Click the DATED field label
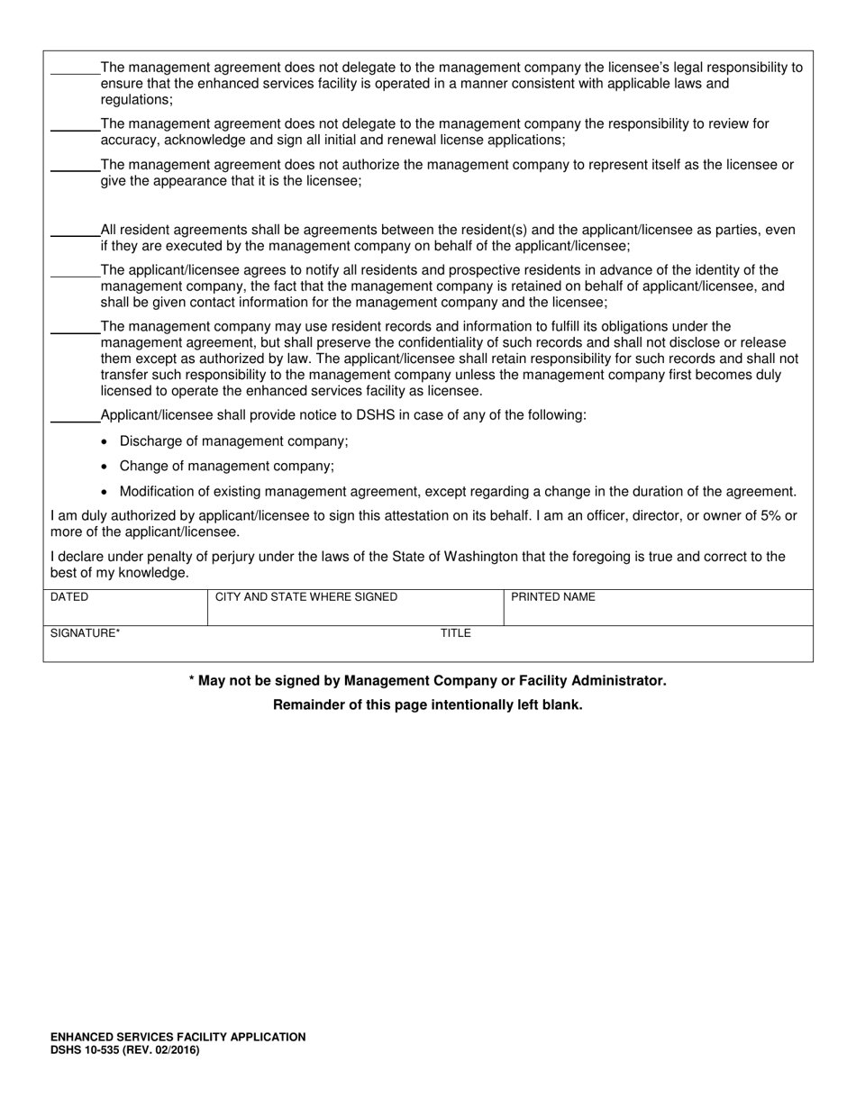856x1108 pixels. tap(69, 597)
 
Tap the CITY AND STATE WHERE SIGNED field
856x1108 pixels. tap(355, 609)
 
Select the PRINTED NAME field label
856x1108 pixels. tap(553, 597)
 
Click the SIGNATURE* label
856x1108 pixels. tap(85, 633)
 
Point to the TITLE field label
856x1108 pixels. tap(455, 633)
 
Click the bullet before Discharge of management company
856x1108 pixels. tap(105, 442)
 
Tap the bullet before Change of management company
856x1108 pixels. tap(105, 468)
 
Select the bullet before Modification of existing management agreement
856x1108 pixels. tap(105, 493)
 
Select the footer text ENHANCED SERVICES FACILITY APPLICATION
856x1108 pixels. tap(178, 1038)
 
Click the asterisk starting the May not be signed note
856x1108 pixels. tap(192, 681)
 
